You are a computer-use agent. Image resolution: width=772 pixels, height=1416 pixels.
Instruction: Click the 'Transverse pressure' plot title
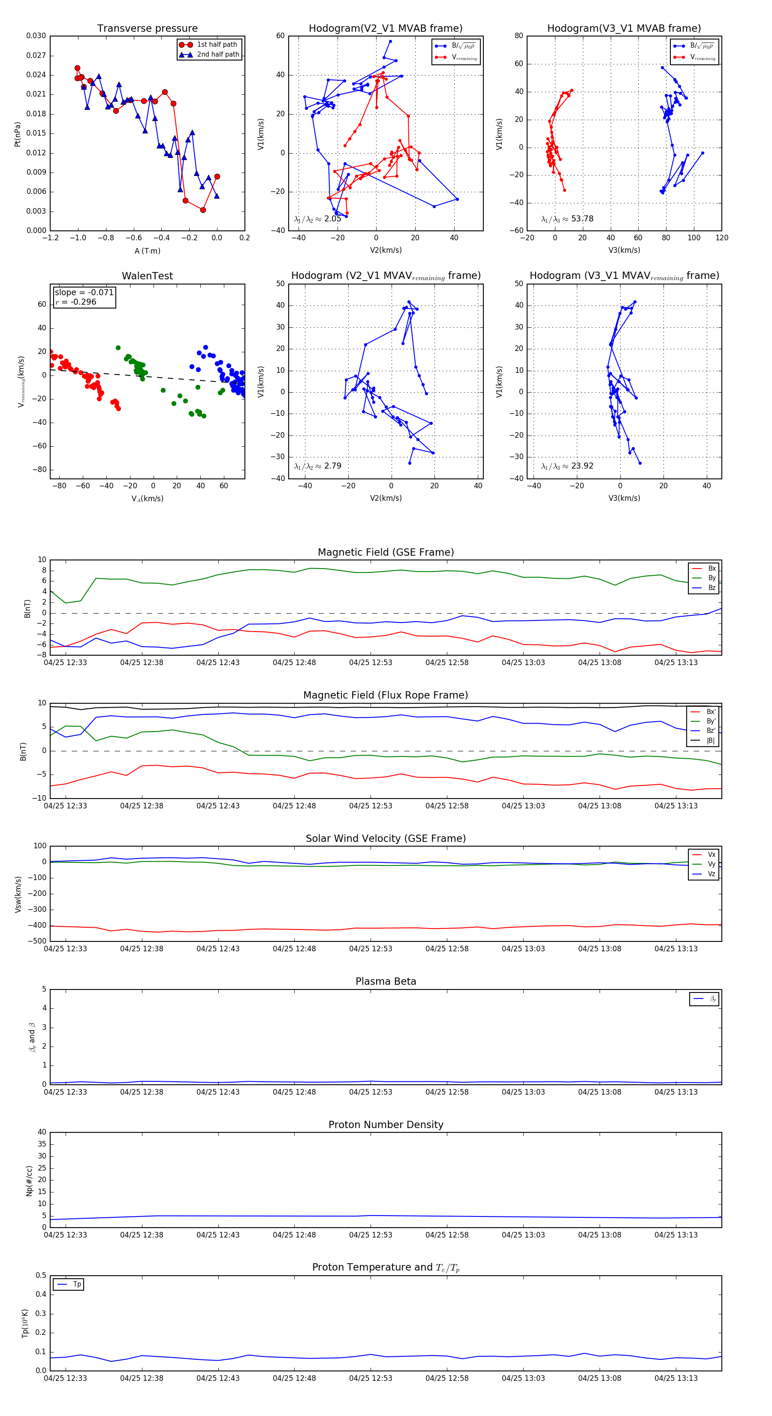[147, 29]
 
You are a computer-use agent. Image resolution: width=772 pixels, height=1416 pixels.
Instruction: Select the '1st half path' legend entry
[217, 45]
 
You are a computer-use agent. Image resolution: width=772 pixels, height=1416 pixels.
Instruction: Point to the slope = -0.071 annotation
[84, 293]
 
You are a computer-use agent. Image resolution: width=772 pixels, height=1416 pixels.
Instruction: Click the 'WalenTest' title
[147, 276]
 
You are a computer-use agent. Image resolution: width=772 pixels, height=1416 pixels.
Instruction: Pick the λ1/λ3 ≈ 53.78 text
[567, 219]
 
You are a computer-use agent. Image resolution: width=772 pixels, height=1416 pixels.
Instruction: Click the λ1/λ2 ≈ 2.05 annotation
[317, 219]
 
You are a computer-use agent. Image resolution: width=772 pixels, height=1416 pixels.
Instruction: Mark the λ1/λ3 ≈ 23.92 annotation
[567, 466]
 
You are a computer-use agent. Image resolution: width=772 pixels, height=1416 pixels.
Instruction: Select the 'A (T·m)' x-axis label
[147, 251]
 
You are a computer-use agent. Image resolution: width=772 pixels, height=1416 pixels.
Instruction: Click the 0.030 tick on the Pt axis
[36, 36]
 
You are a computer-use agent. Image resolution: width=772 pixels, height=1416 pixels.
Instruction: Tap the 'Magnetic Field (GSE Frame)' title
[386, 552]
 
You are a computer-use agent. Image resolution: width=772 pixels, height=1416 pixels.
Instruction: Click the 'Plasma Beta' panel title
[386, 982]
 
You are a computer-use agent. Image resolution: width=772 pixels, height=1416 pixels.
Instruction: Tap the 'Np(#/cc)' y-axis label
[29, 1181]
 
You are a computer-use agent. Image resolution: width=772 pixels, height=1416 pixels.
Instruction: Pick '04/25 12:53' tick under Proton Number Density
[370, 1235]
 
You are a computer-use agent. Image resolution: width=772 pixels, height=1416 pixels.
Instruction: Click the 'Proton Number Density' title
[386, 1125]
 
